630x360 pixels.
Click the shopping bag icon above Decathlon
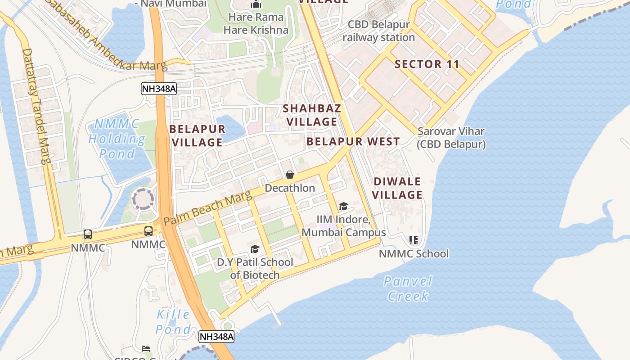[290, 175]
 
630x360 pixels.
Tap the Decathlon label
[290, 188]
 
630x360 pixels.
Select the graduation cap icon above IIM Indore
[343, 207]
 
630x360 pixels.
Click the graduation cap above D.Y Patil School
[255, 249]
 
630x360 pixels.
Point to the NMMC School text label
[414, 254]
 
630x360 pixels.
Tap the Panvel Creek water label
[408, 288]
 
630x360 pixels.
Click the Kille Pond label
[173, 321]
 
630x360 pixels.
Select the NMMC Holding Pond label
[117, 139]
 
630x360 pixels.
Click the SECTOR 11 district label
[427, 64]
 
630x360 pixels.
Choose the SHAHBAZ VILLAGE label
[312, 115]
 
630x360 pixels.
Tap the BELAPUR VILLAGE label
[197, 135]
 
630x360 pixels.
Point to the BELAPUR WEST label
[353, 141]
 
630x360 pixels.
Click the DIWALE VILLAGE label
[397, 188]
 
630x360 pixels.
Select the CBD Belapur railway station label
[378, 31]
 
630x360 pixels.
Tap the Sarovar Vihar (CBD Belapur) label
[451, 138]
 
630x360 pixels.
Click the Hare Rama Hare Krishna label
[256, 23]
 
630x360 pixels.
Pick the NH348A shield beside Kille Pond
[216, 337]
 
